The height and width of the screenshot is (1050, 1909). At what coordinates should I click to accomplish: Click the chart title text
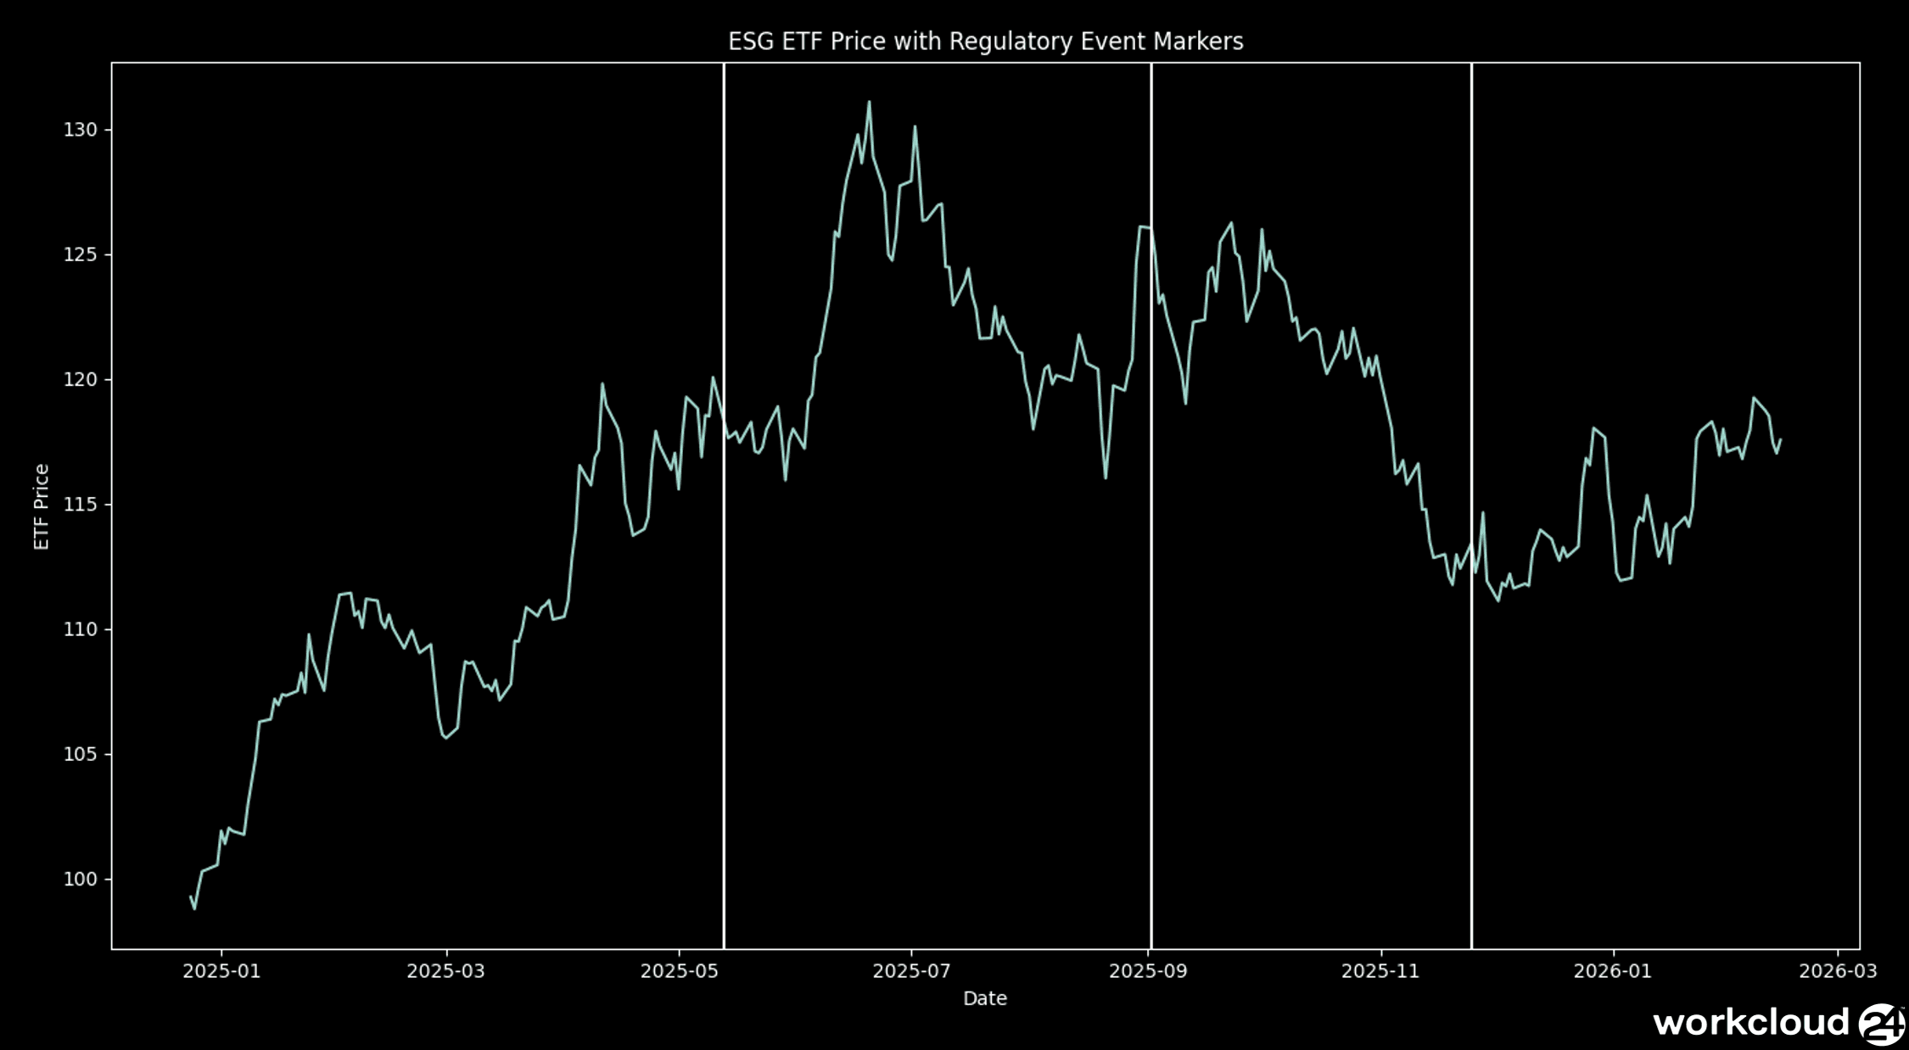pos(985,42)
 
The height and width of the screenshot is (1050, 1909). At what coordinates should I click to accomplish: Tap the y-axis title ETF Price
pos(42,506)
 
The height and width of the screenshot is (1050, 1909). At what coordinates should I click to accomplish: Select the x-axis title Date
pos(984,998)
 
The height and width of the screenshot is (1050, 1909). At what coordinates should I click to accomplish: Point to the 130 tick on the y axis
pos(81,130)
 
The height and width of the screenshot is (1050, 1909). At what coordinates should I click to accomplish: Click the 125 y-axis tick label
pos(81,254)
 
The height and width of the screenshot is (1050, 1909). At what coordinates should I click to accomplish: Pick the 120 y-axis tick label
pos(81,379)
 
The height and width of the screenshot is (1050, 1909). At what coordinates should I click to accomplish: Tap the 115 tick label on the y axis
pos(81,505)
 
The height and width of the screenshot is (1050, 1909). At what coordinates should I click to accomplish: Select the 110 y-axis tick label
pos(81,629)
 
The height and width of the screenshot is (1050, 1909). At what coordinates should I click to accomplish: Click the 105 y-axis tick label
pos(81,754)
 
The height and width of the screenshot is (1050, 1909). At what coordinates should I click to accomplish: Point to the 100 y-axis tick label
pos(81,880)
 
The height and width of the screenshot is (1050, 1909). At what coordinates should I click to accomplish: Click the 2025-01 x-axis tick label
pos(221,971)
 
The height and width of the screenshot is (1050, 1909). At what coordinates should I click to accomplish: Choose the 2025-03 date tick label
pos(445,971)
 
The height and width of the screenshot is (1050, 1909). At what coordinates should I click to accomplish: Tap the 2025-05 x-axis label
pos(679,971)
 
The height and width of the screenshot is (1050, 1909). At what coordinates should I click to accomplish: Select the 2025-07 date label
pos(911,971)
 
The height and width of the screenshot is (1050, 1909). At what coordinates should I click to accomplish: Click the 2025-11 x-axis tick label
pos(1380,971)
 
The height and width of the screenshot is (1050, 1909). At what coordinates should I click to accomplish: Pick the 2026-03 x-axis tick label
pos(1838,971)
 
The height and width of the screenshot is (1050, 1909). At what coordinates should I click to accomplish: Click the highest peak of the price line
pos(869,103)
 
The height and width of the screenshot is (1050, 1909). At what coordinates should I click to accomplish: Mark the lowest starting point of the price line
pos(194,908)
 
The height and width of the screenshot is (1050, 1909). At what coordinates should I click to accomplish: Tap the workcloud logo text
pos(1750,1023)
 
